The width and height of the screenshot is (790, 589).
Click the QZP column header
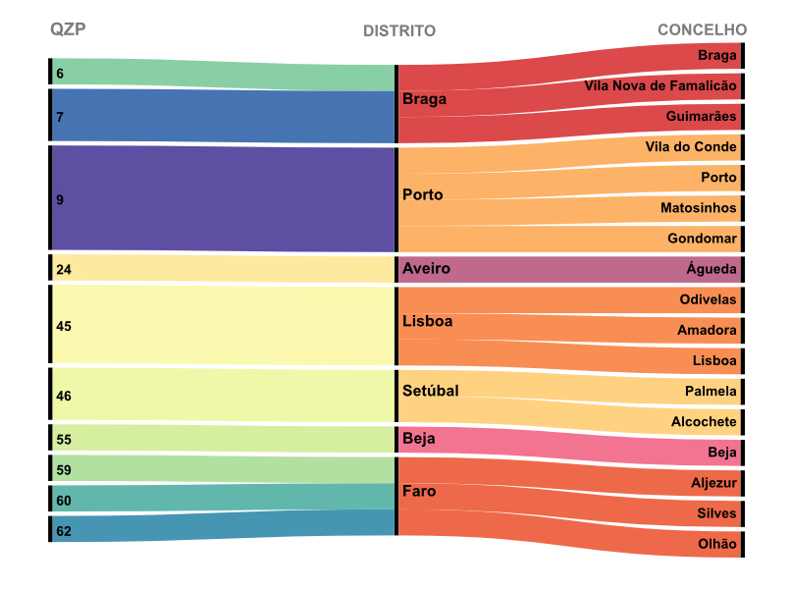68,28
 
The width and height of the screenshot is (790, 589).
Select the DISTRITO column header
399,30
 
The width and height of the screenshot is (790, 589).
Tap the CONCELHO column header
702,29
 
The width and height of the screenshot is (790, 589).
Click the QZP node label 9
60,199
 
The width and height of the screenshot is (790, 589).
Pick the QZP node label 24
64,269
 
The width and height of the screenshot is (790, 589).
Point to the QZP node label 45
64,326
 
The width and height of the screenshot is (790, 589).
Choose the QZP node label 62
64,531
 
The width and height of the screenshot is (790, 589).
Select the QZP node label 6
60,74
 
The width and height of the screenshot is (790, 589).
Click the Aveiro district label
426,268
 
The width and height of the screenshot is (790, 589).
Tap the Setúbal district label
430,391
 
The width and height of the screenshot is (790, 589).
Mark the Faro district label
419,491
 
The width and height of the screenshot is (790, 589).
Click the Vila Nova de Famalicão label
659,85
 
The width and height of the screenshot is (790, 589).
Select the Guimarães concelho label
701,116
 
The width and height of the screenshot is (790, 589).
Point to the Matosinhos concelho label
698,208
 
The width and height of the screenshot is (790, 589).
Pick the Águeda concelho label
711,269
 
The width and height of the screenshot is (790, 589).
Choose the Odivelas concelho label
708,299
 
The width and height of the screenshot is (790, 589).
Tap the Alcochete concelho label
704,421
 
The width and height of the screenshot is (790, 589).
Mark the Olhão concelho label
715,544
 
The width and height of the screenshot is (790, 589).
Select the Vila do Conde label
691,146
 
